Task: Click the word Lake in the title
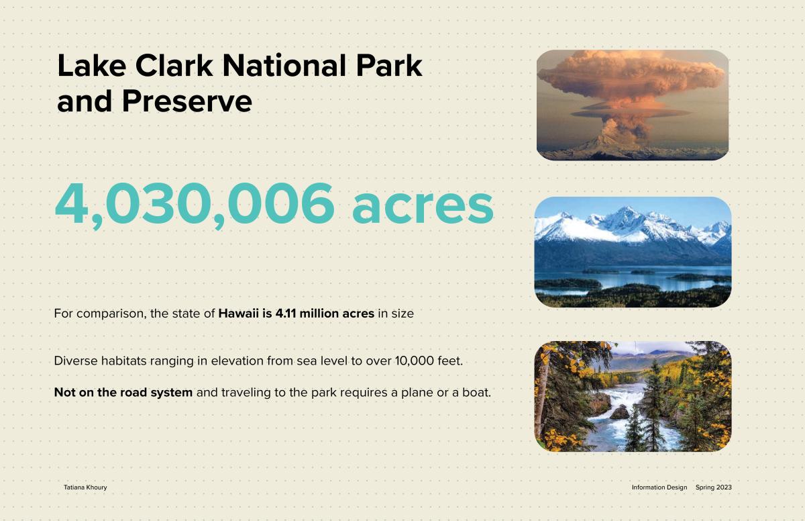[x=92, y=65]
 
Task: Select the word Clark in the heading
[x=174, y=65]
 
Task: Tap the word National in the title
[x=284, y=65]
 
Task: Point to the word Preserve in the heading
[x=187, y=101]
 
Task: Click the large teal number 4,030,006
[x=195, y=204]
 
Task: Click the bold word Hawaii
[x=238, y=314]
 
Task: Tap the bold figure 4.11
[x=285, y=314]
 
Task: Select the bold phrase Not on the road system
[x=123, y=392]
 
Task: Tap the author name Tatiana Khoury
[x=85, y=487]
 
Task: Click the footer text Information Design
[x=659, y=487]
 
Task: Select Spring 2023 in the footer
[x=713, y=487]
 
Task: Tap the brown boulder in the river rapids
[x=620, y=412]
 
